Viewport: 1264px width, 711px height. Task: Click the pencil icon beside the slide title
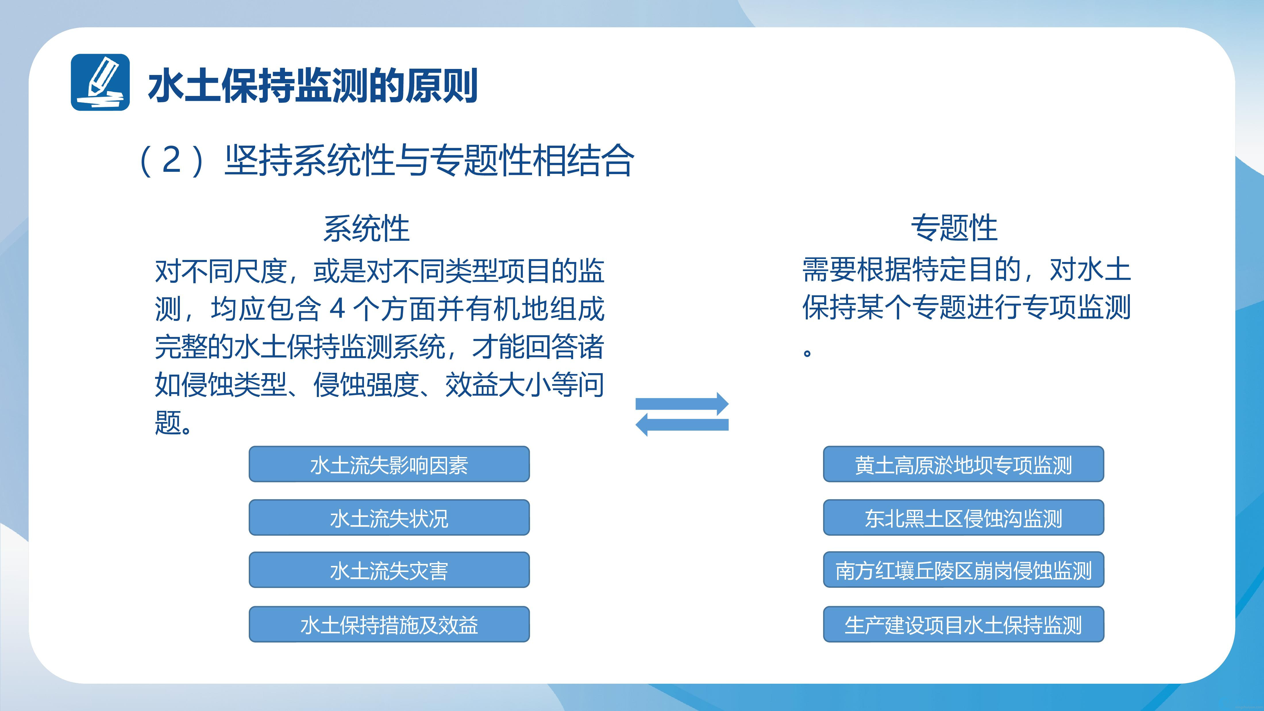[100, 82]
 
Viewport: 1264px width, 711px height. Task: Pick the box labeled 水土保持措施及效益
[389, 625]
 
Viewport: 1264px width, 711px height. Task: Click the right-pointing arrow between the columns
[682, 404]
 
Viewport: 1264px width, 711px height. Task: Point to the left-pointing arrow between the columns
[682, 424]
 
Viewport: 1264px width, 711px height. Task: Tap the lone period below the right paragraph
[807, 352]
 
